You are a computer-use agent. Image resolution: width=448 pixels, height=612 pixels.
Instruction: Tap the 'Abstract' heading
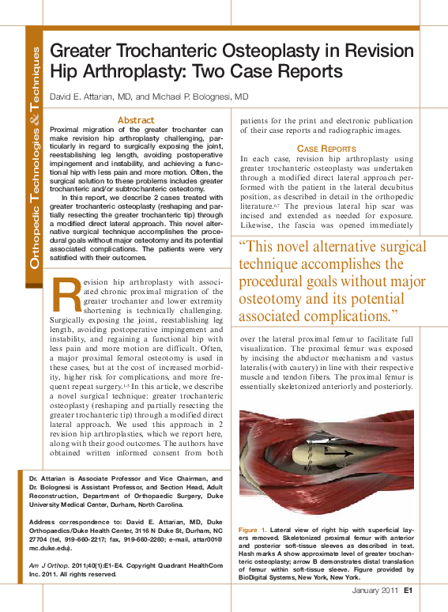(135, 120)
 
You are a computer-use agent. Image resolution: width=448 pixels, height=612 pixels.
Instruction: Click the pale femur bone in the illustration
(316, 455)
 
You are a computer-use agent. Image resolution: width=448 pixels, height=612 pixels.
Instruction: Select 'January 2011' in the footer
(375, 590)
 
